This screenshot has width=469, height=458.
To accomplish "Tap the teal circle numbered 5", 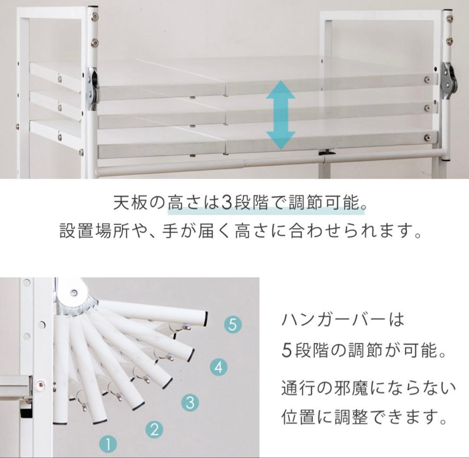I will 232,325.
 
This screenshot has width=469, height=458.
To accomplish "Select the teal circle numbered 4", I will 218,368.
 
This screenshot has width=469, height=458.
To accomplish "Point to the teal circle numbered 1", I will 109,444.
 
